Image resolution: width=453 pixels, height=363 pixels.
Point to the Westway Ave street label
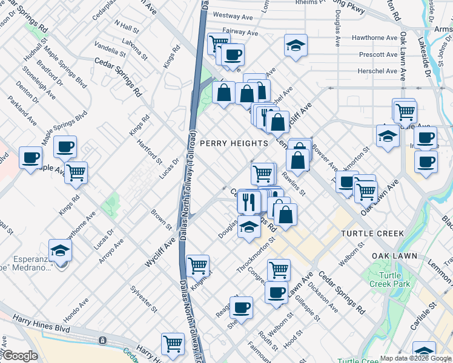233,17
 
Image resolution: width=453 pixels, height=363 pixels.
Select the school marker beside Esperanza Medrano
60,250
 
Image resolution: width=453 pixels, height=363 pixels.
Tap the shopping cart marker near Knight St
197,264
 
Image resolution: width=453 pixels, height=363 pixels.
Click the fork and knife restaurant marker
248,201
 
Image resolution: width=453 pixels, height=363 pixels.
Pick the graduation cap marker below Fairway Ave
295,45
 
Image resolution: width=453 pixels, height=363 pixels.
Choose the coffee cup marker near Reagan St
241,307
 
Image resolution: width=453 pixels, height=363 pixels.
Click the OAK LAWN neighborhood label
394,256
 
